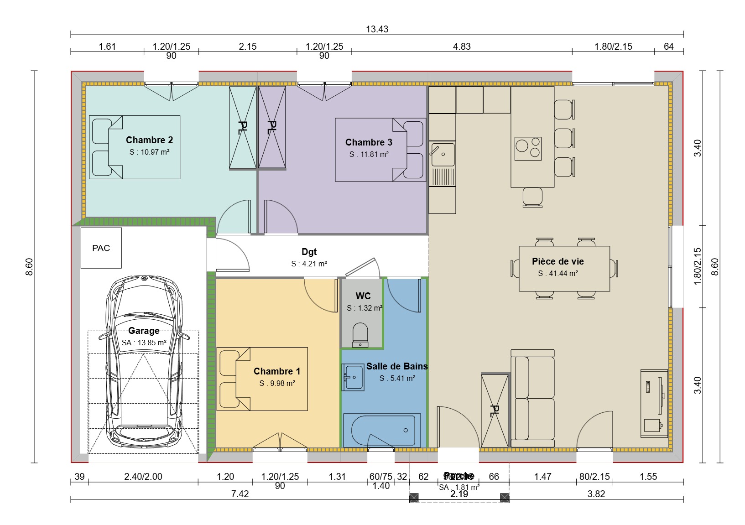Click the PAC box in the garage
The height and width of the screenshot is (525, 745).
[x=101, y=248]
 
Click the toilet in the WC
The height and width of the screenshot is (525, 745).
[x=360, y=335]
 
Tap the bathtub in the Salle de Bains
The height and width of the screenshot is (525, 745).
[x=381, y=430]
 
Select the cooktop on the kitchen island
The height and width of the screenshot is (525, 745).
[x=528, y=149]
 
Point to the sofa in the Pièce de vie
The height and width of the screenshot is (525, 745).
[x=532, y=398]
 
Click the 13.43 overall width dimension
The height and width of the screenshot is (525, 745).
[x=377, y=29]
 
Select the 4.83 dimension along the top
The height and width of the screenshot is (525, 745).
[x=461, y=47]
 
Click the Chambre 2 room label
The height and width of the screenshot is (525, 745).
[x=149, y=140]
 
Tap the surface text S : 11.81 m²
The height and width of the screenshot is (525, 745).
[x=369, y=155]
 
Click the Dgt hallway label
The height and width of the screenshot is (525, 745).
[x=309, y=252]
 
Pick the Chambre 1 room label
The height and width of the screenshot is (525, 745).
[x=277, y=371]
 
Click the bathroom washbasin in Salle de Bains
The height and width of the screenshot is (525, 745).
[x=353, y=377]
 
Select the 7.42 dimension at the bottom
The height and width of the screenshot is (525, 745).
[x=240, y=494]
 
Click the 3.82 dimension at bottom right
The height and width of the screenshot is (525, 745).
[x=596, y=494]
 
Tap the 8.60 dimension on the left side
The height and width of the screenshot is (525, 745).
[x=29, y=267]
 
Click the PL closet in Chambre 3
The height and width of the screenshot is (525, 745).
[x=272, y=127]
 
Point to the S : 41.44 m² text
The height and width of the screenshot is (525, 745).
[x=557, y=274]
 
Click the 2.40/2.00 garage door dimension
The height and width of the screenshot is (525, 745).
[x=143, y=477]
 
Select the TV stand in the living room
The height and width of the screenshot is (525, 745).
[x=654, y=403]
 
